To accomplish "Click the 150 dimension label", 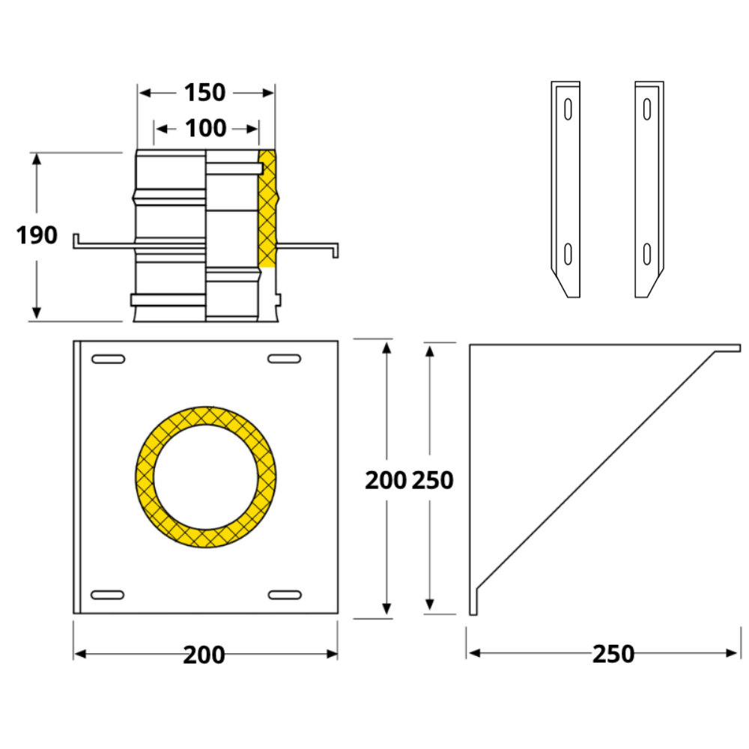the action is (x=204, y=93).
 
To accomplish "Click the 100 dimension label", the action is (x=205, y=129).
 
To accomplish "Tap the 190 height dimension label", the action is (x=37, y=235).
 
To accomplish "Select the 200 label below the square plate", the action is (x=204, y=655).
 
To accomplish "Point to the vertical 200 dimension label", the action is (x=386, y=480).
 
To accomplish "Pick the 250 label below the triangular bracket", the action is (x=613, y=654).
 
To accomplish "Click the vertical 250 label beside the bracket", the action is (x=432, y=480).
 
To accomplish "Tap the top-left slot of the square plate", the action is (x=109, y=359).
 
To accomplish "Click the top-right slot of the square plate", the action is (x=284, y=358).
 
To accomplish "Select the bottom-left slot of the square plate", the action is (x=107, y=595).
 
